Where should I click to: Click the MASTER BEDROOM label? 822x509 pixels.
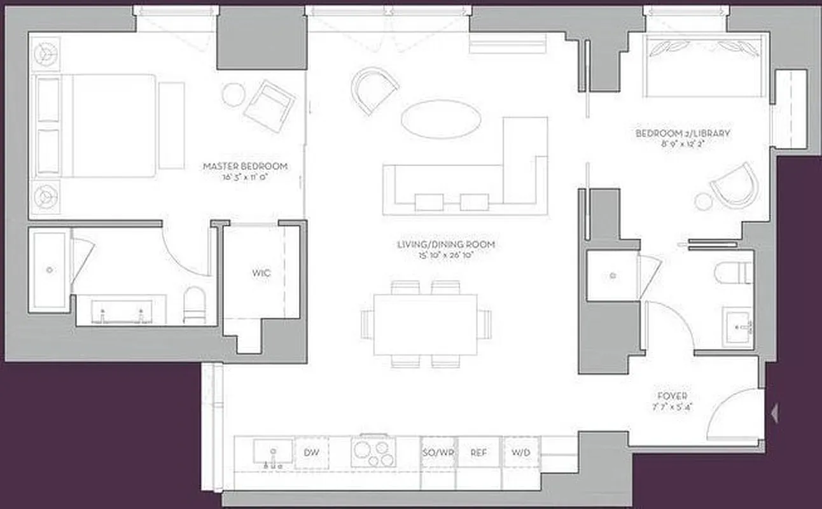245,166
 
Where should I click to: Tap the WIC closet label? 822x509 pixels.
261,273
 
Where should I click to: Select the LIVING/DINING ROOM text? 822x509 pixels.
445,244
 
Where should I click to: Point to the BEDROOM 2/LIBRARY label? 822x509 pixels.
683,134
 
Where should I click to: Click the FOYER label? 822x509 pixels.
672,396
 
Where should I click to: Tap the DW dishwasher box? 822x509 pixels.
311,452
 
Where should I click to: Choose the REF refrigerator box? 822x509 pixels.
478,452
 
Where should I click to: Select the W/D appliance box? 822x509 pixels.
521,452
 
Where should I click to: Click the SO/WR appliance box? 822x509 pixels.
438,452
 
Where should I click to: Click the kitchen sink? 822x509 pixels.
273,451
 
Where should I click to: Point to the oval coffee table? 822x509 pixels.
440,119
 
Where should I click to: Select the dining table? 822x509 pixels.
426,324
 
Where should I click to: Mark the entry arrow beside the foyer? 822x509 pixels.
774,414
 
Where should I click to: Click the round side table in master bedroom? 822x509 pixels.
233,95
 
